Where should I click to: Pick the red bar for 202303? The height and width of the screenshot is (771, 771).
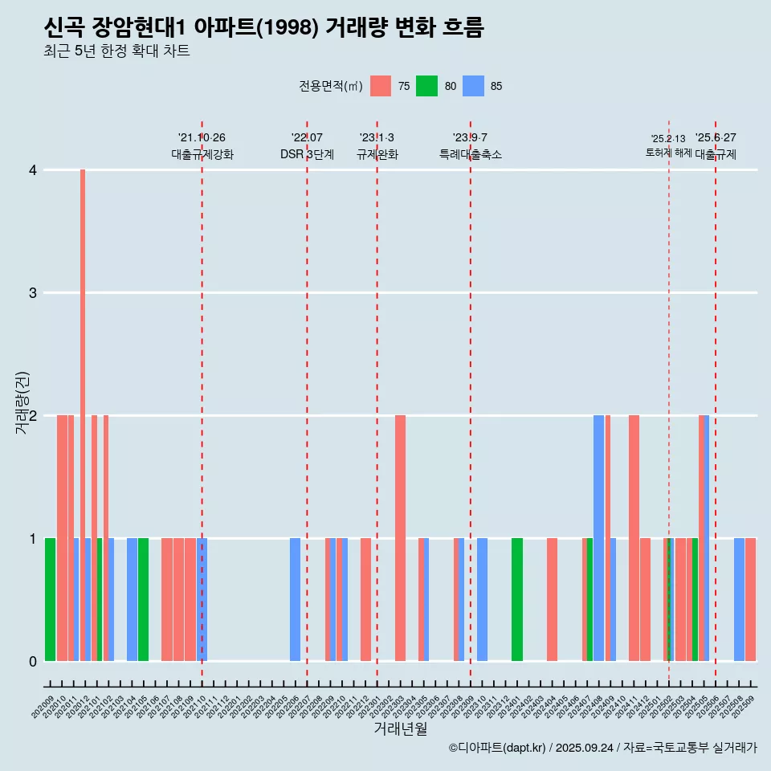(x=400, y=538)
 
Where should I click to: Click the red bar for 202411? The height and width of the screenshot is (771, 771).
(x=634, y=538)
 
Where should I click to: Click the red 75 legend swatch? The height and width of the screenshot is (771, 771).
(x=381, y=86)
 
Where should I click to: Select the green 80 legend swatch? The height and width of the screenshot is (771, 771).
(x=426, y=86)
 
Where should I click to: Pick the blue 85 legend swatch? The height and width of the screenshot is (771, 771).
(x=474, y=86)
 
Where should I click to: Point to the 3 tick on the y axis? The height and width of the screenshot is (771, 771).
(x=33, y=292)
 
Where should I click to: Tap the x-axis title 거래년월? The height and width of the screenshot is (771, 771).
(x=400, y=728)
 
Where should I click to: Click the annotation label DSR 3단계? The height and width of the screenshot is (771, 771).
(x=307, y=154)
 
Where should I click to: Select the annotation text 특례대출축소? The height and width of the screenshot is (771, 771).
(x=471, y=154)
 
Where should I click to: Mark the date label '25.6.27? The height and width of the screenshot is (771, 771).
(x=716, y=138)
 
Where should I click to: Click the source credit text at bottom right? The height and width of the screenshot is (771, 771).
(x=602, y=748)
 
